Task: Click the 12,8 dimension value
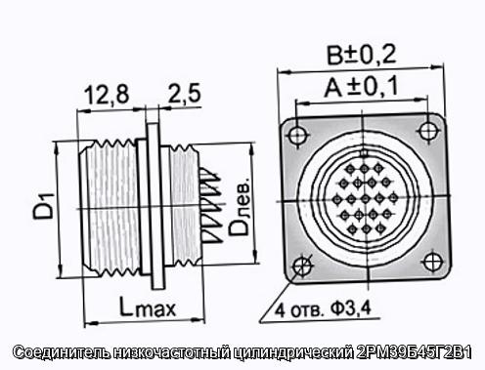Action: [x=107, y=95]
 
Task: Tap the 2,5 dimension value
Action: [x=185, y=94]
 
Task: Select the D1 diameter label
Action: [x=43, y=206]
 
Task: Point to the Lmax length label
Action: [x=148, y=307]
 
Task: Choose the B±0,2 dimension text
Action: [x=361, y=55]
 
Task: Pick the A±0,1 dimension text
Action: [x=361, y=88]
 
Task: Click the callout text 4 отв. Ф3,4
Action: [x=323, y=309]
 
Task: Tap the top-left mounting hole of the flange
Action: [x=297, y=135]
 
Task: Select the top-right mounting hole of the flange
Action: [x=427, y=131]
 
